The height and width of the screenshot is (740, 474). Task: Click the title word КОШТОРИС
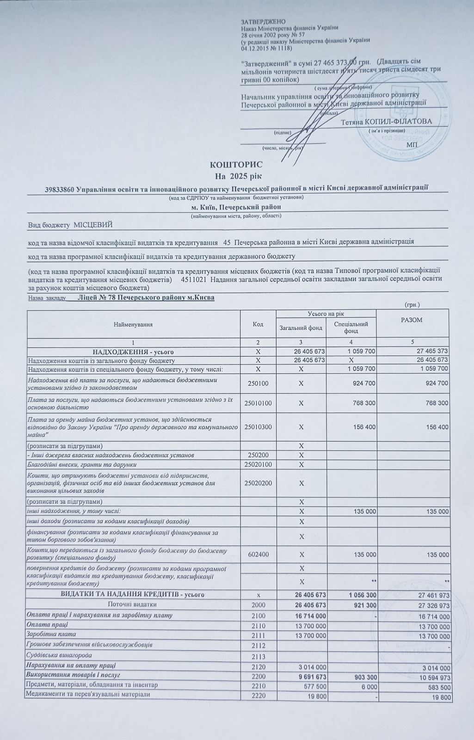[x=236, y=165]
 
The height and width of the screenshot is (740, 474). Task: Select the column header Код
[x=258, y=324]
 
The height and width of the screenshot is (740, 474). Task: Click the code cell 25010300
[x=258, y=426]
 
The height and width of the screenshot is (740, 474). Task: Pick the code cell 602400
[x=258, y=554]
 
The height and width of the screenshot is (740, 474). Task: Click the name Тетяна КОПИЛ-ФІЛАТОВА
[x=387, y=122]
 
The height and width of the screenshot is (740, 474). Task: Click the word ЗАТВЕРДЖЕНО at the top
[x=263, y=22]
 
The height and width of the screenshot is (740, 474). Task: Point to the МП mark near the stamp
[x=411, y=145]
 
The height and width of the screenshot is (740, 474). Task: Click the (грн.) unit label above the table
[x=412, y=304]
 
